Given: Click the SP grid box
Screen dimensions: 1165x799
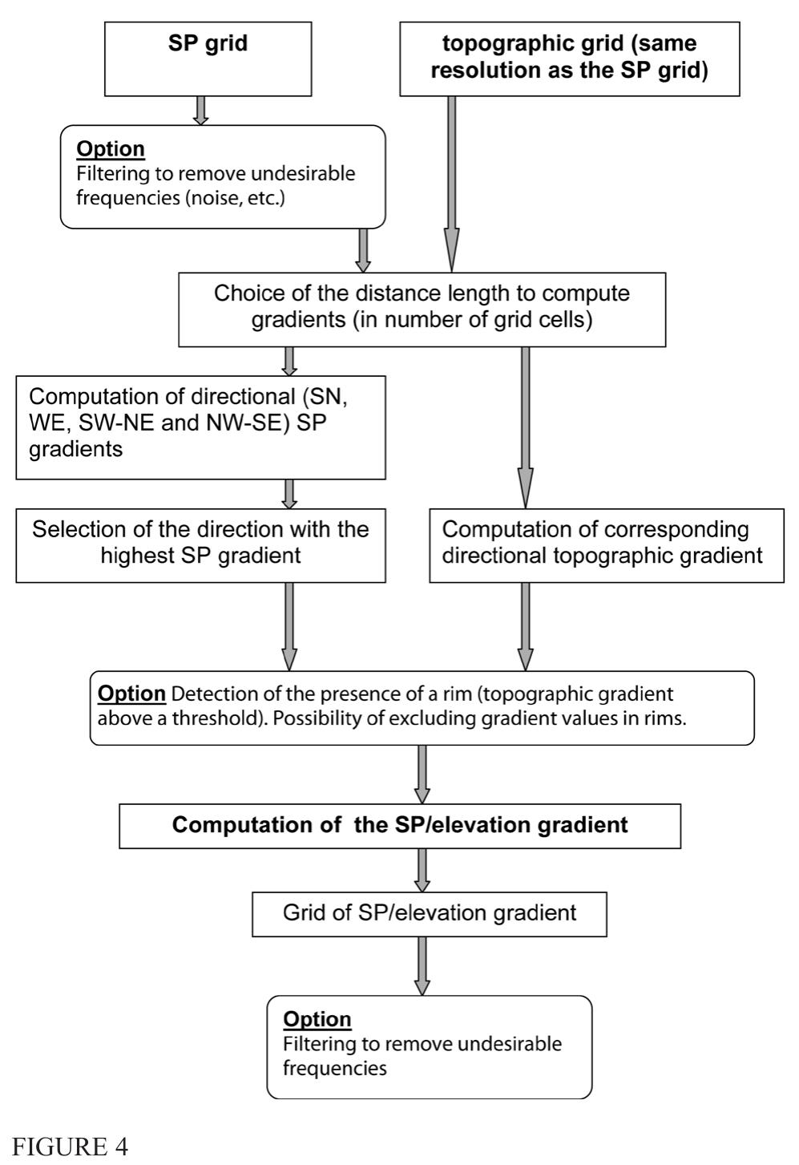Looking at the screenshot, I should point(208,59).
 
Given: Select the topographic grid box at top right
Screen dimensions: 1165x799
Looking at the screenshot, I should point(569,59).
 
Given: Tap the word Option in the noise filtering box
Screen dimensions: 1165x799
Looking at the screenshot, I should point(111,149).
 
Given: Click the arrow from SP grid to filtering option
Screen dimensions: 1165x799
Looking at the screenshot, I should point(201,110).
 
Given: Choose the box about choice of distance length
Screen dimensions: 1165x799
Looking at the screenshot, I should point(422,309).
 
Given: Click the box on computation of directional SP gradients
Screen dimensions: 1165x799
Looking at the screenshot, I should point(200,427).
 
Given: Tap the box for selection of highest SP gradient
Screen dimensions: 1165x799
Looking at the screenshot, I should point(200,544).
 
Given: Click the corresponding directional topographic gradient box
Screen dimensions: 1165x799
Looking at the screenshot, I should point(606,544).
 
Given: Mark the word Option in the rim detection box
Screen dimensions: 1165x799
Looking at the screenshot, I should point(131,694).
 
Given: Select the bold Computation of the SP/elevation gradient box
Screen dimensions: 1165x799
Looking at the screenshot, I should point(400,826).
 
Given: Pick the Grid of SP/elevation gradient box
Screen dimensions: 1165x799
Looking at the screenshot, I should point(429,914).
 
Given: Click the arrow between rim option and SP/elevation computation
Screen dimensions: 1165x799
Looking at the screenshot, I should point(422,774).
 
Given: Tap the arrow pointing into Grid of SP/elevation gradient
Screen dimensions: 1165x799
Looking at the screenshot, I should point(422,869).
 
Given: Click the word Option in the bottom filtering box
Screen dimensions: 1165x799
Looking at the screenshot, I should point(317,1019).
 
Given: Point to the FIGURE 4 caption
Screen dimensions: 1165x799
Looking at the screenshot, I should point(71,1147).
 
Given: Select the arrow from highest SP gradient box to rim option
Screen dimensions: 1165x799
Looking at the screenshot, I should point(289,625).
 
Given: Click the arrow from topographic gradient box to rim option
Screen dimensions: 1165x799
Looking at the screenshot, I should point(525,625).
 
